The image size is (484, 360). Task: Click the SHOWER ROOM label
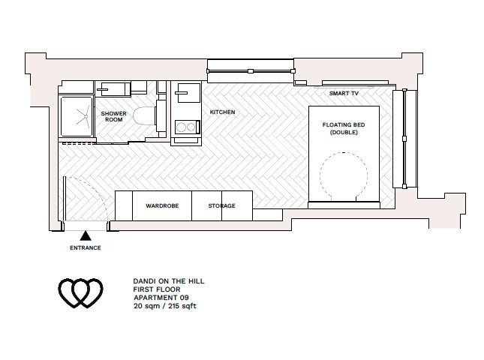click(113, 116)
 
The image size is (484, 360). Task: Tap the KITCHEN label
click(222, 112)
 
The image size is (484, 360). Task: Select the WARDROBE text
click(161, 205)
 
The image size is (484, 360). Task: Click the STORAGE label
click(222, 205)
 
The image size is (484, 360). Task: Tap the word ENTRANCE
click(85, 247)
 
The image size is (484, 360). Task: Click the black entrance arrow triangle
click(86, 235)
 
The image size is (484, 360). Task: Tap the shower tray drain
click(76, 115)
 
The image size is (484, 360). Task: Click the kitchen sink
click(185, 96)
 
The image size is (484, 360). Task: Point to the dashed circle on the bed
click(343, 176)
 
